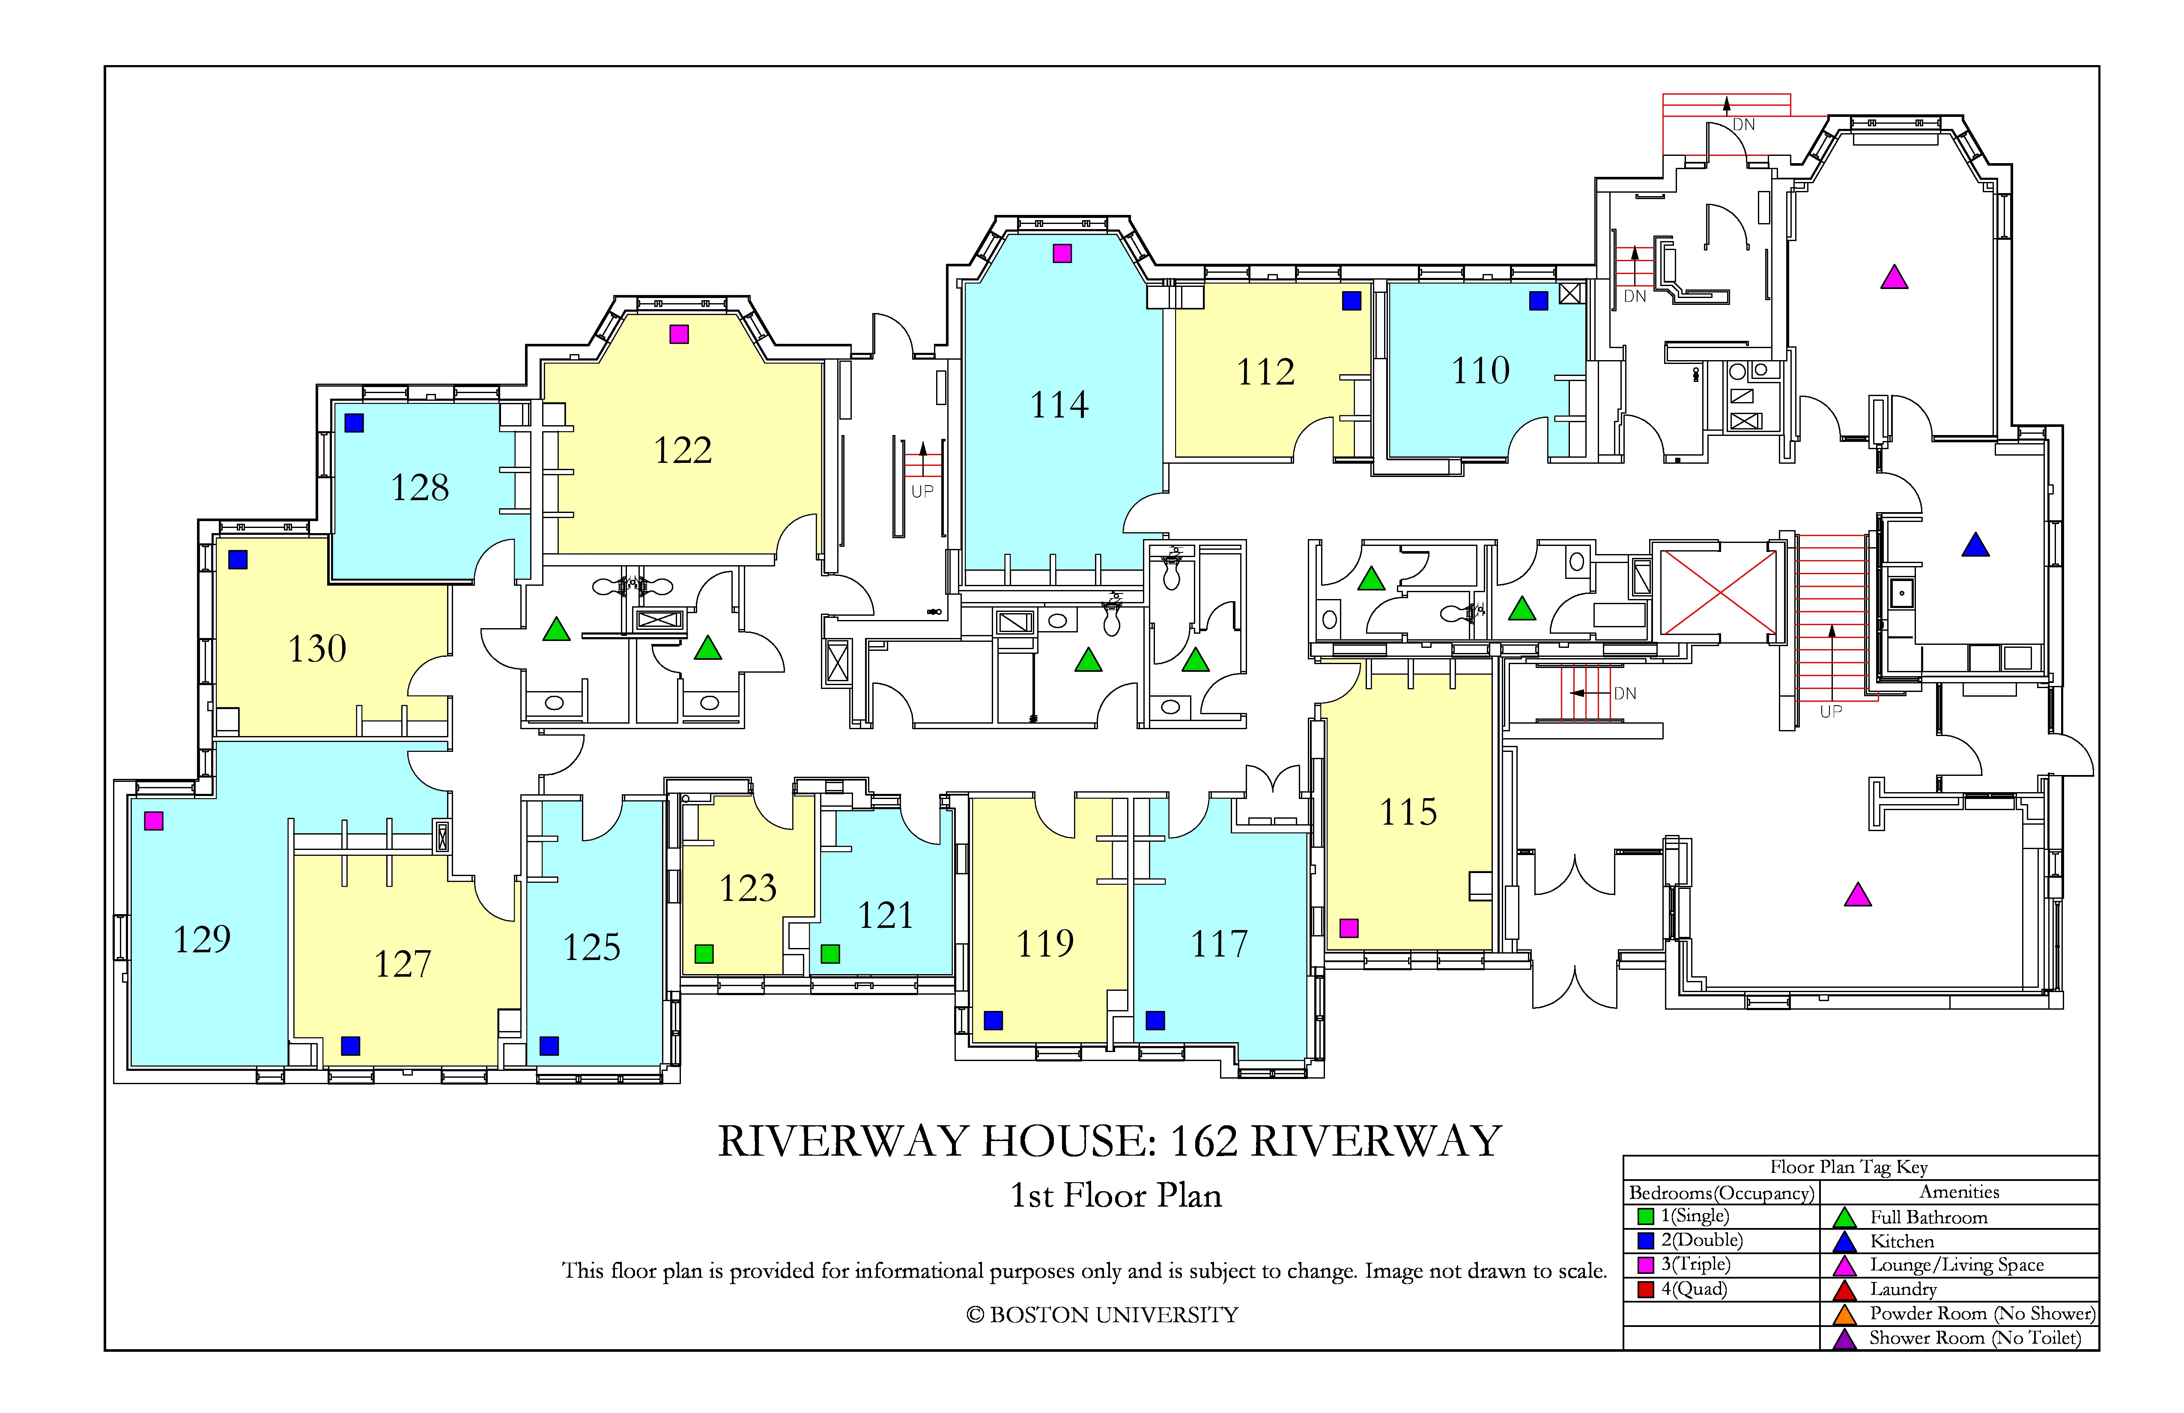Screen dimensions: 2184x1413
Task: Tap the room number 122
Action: pos(683,450)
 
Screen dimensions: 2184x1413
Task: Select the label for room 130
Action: pos(317,649)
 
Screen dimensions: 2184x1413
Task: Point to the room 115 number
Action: pos(1408,812)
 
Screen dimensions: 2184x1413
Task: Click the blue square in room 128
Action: pos(354,423)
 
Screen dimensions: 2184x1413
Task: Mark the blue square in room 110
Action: pos(1539,300)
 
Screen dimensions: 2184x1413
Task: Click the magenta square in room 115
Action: pos(1349,927)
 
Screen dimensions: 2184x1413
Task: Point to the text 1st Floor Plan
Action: pos(1116,1195)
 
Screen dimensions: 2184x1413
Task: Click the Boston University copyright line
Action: pos(1102,1315)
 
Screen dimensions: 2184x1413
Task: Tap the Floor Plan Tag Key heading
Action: pos(1849,1167)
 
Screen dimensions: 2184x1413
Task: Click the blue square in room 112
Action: pos(1352,300)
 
